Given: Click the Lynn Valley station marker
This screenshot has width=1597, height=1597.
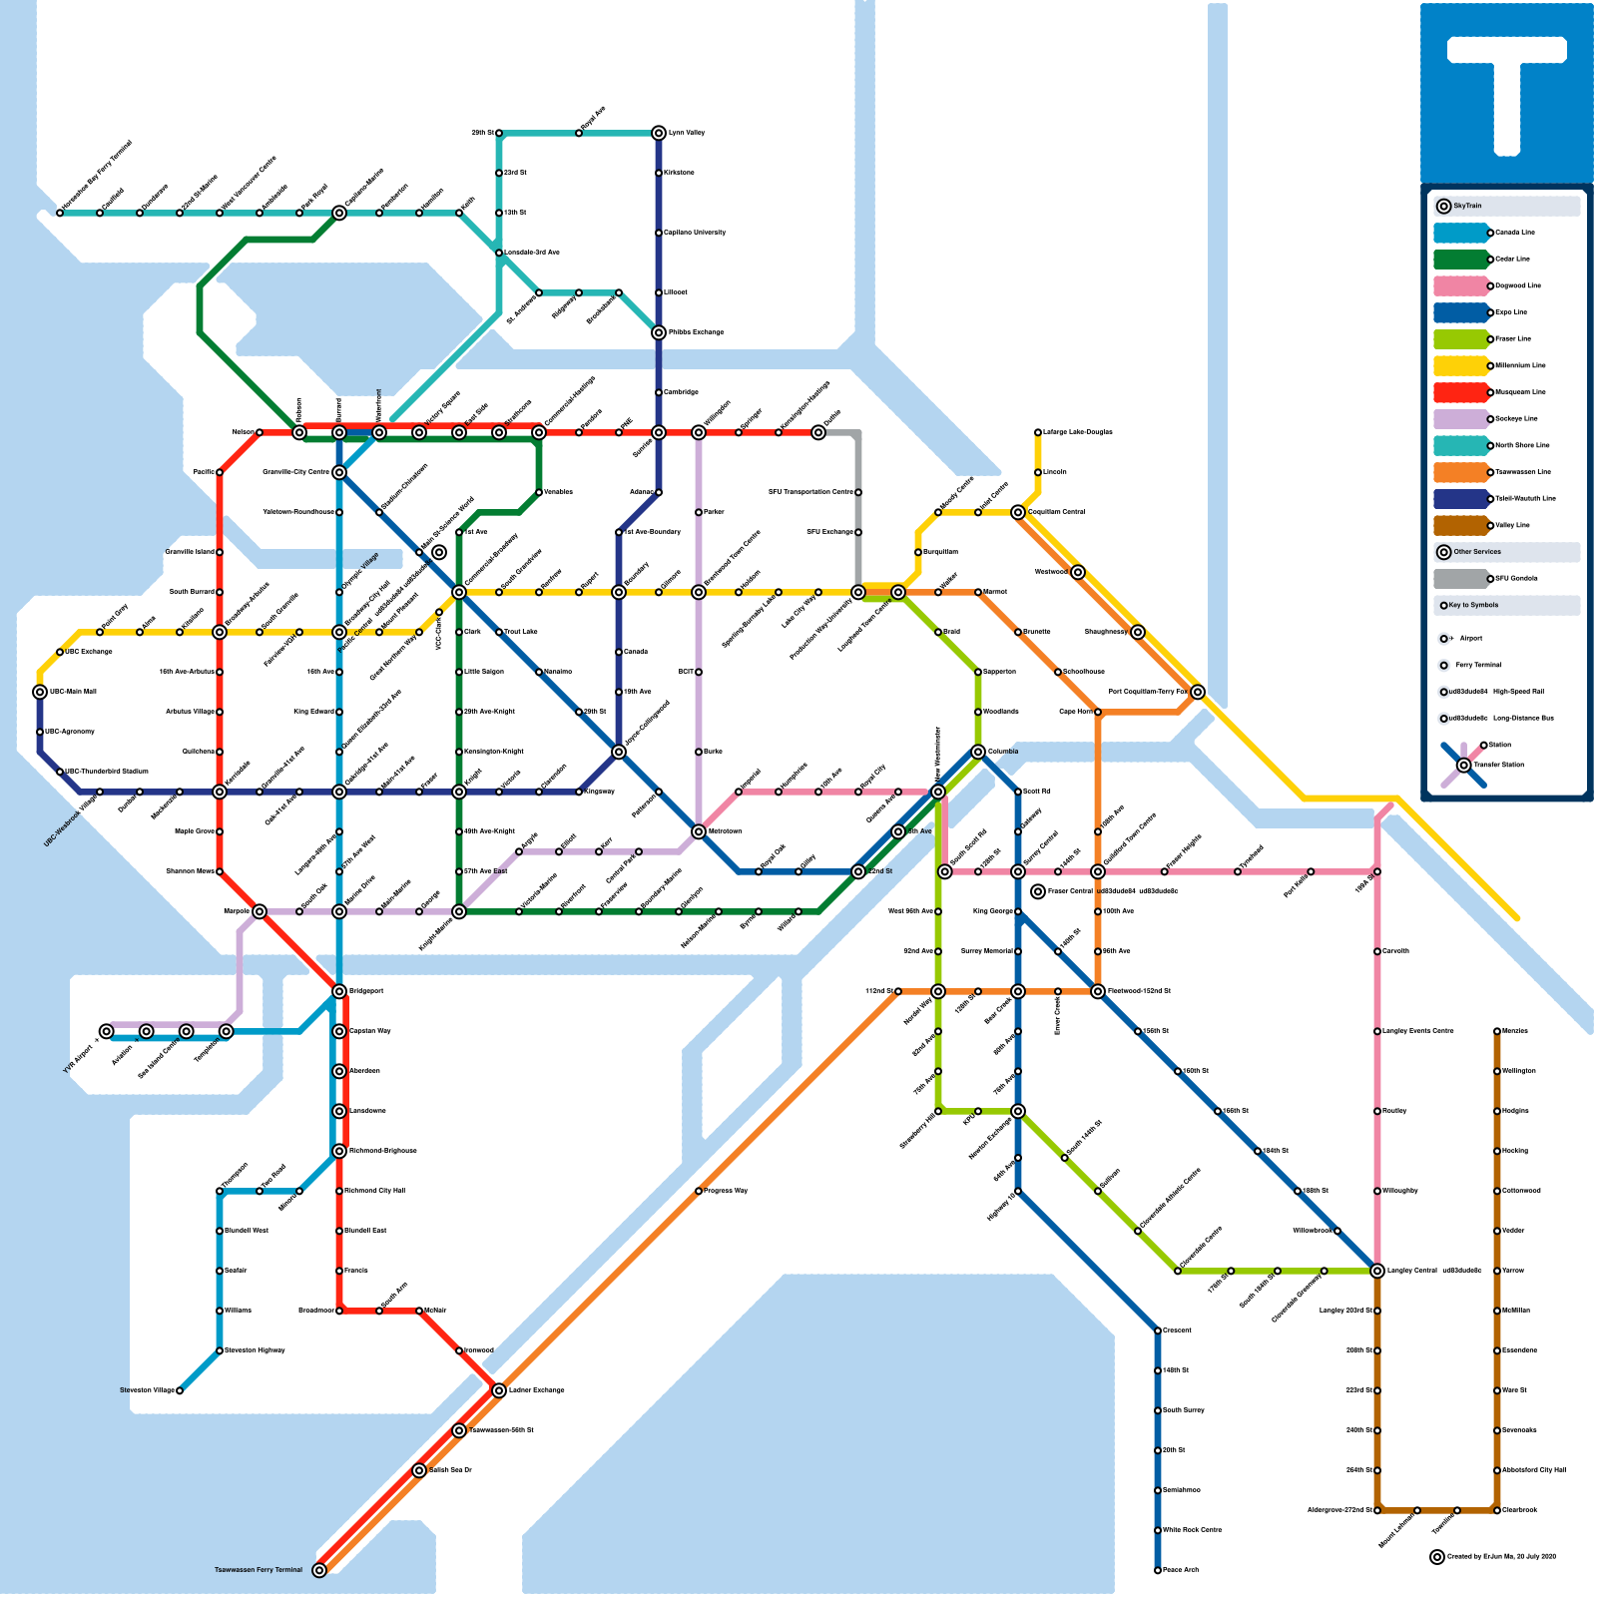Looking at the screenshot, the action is pyautogui.click(x=659, y=133).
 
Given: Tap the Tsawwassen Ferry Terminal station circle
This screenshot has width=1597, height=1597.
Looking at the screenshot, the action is pyautogui.click(x=319, y=1570).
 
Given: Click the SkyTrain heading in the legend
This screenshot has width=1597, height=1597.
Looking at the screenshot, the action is pyautogui.click(x=1467, y=206).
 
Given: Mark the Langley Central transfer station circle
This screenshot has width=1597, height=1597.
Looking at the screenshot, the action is pyautogui.click(x=1377, y=1271).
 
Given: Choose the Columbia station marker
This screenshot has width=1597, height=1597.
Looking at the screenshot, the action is pyautogui.click(x=978, y=752).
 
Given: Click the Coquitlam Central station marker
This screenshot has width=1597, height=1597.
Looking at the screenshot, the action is pyautogui.click(x=1018, y=512).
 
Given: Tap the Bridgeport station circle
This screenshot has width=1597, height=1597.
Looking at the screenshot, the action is pyautogui.click(x=339, y=991).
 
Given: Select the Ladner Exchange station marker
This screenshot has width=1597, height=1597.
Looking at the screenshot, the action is pyautogui.click(x=499, y=1390).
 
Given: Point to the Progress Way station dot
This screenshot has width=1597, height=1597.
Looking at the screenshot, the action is pyautogui.click(x=699, y=1191).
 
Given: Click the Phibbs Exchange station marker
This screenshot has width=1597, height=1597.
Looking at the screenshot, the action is pyautogui.click(x=659, y=332).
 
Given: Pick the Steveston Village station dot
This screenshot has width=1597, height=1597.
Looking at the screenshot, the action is pyautogui.click(x=180, y=1390).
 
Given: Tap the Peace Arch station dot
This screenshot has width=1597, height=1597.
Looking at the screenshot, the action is pyautogui.click(x=1158, y=1570).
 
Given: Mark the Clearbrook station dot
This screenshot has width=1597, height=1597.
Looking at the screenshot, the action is pyautogui.click(x=1497, y=1510).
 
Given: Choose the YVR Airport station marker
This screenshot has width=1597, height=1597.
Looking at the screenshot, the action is pyautogui.click(x=107, y=1031).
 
